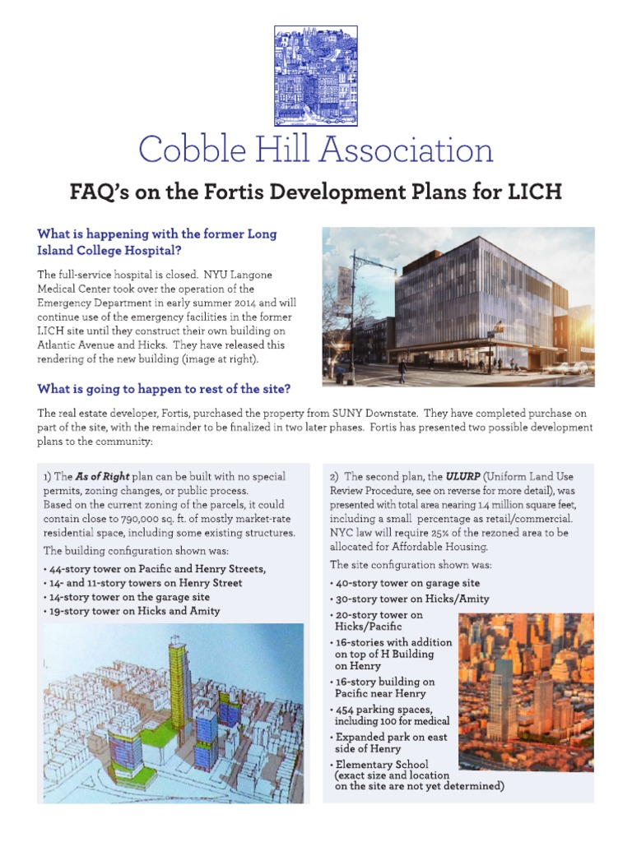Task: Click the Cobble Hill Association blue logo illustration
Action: (315, 75)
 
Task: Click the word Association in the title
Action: (406, 150)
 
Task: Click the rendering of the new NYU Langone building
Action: (458, 306)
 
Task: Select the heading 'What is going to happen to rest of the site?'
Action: (164, 388)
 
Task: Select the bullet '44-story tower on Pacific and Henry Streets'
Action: (157, 569)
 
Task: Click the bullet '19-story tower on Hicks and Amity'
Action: (134, 611)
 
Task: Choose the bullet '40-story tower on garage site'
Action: (407, 583)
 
